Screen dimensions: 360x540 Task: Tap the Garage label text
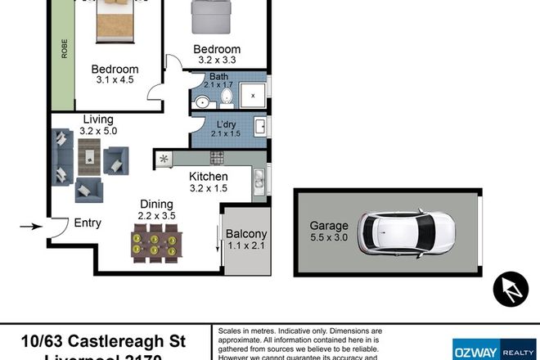329,226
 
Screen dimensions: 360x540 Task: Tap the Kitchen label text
209,176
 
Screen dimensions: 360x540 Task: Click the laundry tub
260,126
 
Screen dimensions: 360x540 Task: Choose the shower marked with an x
252,96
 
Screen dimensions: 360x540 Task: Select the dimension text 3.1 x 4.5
115,81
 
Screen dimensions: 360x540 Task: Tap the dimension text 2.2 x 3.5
157,217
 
